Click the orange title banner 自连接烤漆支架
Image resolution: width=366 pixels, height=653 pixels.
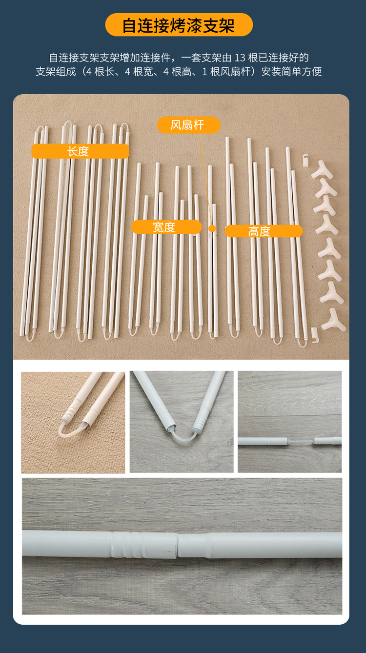tap(179, 25)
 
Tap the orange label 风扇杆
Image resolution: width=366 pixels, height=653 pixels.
tap(188, 125)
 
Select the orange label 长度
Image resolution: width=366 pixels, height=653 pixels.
tap(80, 151)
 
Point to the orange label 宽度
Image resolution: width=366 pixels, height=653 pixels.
tap(166, 227)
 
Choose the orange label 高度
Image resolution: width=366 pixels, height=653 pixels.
tap(264, 231)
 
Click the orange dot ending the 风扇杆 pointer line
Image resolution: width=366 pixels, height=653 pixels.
tap(212, 228)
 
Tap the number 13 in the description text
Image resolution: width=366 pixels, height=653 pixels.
tap(240, 58)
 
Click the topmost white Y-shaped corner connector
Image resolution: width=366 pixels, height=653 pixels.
tap(322, 170)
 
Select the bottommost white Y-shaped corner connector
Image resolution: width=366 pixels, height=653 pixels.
tap(333, 321)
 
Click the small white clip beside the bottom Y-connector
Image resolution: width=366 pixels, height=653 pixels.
tap(314, 335)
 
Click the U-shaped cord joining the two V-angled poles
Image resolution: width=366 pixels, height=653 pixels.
tap(183, 434)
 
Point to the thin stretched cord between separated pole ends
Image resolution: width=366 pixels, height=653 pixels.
tap(301, 441)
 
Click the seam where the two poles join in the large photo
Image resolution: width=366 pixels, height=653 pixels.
tap(177, 545)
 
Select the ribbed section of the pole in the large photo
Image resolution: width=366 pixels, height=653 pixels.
tap(128, 545)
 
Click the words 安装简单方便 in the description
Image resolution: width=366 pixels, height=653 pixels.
tap(291, 72)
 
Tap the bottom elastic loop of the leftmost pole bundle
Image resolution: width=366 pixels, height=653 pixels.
tap(30, 338)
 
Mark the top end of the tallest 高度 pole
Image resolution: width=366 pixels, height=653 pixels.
tap(227, 138)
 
